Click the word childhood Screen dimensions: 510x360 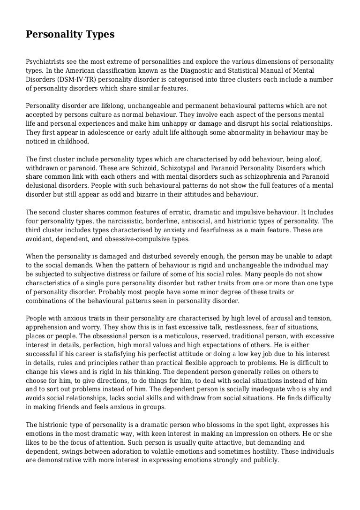[72, 141]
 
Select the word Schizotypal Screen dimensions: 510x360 [131, 168]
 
